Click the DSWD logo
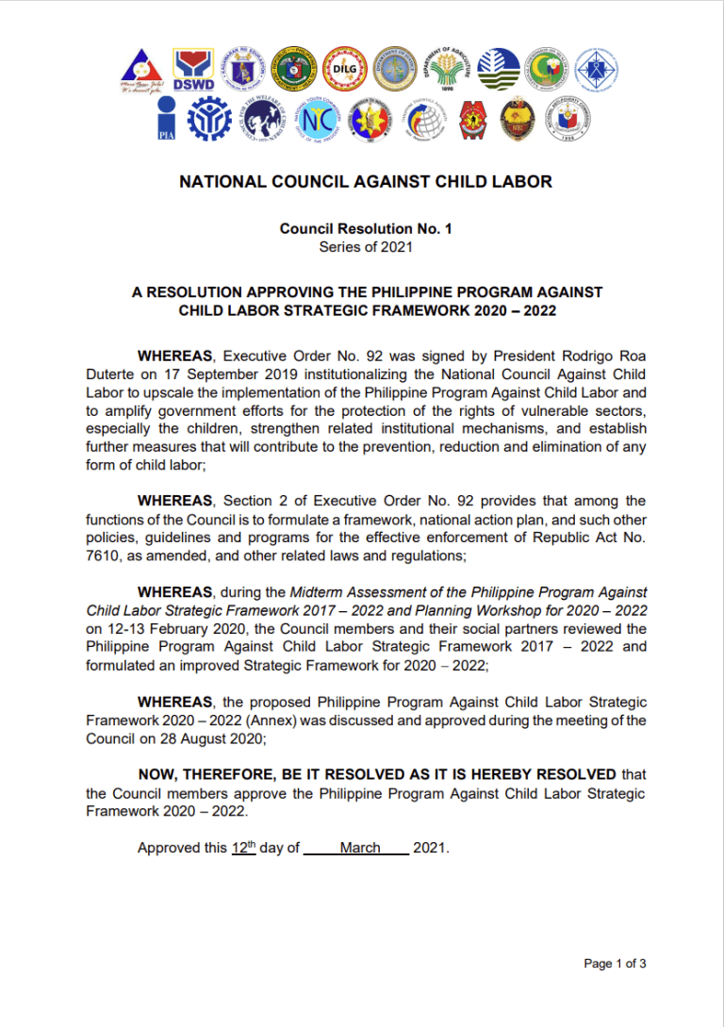(192, 68)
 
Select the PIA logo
(167, 119)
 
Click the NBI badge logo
(517, 120)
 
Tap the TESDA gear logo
(208, 120)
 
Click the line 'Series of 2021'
(365, 247)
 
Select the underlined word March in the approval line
(360, 848)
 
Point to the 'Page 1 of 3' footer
(615, 964)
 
